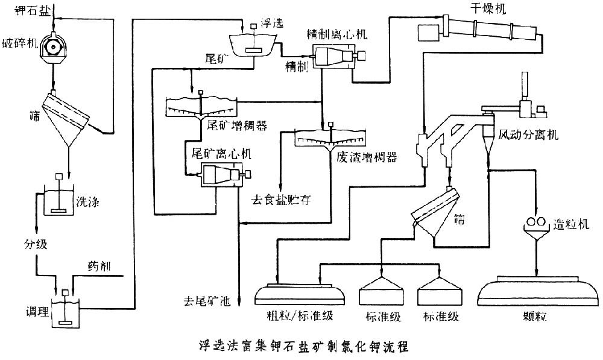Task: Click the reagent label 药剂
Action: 99,266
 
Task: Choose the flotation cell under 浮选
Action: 253,45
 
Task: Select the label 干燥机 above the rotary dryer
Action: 488,8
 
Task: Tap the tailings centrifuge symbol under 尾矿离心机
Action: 219,176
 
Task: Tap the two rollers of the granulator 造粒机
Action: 535,223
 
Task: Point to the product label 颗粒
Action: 536,317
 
